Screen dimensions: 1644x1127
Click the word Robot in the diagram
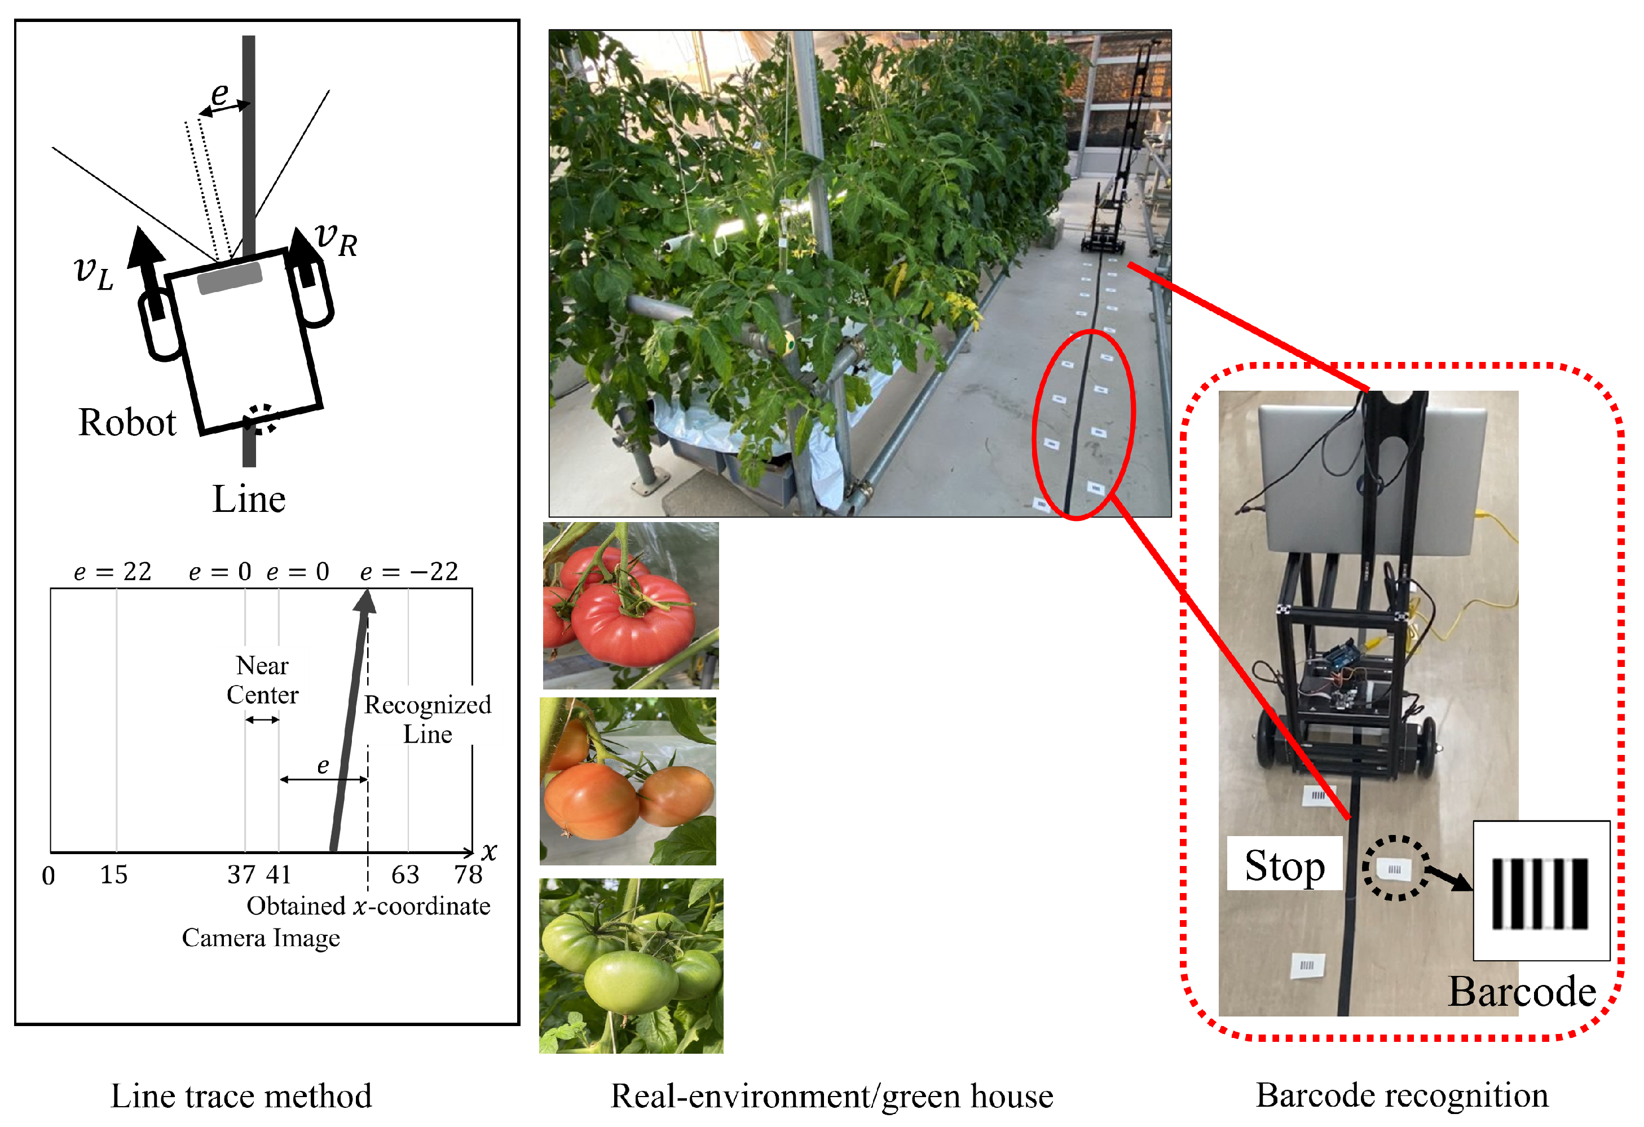tap(127, 423)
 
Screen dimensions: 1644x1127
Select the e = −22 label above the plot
tap(409, 571)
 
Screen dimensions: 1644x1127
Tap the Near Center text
tap(262, 680)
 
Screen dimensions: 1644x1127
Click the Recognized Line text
tap(427, 719)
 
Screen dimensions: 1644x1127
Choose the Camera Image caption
tap(261, 938)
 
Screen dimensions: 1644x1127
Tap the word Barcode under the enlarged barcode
tap(1521, 991)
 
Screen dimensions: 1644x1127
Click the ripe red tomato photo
tap(631, 606)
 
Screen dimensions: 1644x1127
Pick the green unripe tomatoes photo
tap(631, 966)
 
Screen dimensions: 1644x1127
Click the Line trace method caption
tap(241, 1096)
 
